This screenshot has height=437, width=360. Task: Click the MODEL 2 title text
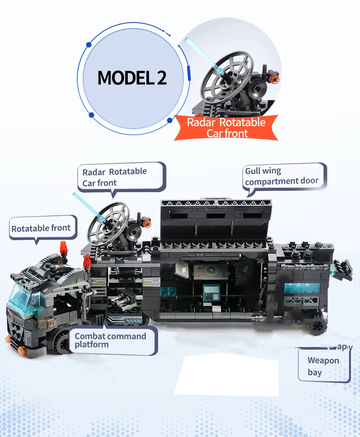[132, 78]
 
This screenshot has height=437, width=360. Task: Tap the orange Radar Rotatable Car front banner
[226, 128]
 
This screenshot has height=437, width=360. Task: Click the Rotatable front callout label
[41, 228]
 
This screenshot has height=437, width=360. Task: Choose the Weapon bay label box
[324, 366]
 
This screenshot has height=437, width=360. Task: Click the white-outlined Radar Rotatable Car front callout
[115, 177]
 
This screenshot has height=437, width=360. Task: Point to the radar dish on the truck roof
[108, 222]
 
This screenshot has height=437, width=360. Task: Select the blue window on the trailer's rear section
[302, 288]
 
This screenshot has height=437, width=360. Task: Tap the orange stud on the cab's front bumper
[8, 339]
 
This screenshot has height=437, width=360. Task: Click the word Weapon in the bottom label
[323, 360]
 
